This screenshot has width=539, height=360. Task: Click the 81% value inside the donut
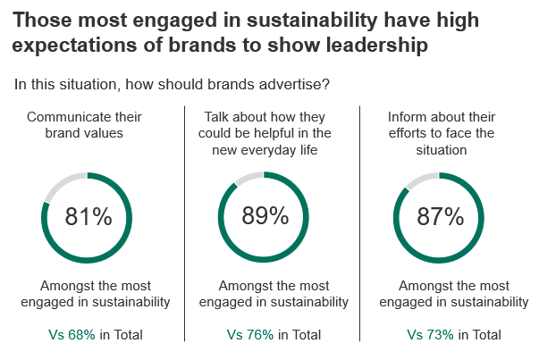tap(88, 217)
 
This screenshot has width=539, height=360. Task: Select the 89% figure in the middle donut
tap(265, 216)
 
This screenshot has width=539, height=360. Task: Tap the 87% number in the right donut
tap(441, 216)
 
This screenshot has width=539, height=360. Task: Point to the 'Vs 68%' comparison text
tap(71, 335)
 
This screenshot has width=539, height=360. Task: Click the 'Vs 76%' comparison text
tap(249, 335)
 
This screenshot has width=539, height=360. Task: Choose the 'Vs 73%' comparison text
tap(429, 335)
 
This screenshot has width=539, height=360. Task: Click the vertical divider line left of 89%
tap(185, 223)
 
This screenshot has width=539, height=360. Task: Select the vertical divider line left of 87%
tap(359, 223)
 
